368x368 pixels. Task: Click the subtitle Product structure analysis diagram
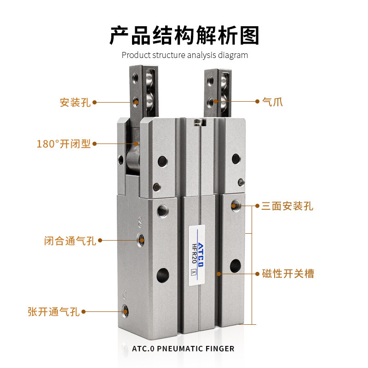click(x=184, y=55)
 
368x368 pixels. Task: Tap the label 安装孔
click(x=75, y=102)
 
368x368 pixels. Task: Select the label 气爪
click(x=271, y=102)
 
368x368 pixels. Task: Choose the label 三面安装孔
click(x=287, y=206)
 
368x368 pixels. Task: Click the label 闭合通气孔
click(x=70, y=240)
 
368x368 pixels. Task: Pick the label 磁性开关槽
click(x=288, y=274)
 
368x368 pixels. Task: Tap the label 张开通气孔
click(x=53, y=312)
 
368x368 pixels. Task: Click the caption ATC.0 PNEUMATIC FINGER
click(x=183, y=348)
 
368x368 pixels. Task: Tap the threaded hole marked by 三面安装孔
click(x=235, y=205)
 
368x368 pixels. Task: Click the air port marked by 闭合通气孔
click(x=141, y=240)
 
